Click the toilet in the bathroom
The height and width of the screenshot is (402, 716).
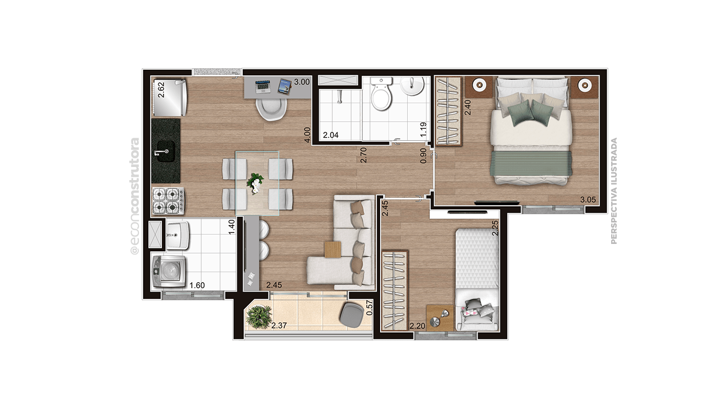pos(382,94)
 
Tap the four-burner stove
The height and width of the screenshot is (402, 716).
pos(168,200)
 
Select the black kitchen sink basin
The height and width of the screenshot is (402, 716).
pos(166,151)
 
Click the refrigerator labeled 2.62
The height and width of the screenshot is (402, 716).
pos(170,98)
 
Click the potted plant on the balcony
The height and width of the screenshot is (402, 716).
pos(258,317)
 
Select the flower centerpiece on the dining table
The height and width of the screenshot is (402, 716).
pos(255,183)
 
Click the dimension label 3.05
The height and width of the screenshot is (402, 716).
pos(588,200)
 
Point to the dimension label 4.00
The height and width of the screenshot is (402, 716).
pos(307,135)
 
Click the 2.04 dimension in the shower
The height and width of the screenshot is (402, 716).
pos(331,135)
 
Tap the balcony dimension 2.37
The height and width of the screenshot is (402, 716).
pos(279,326)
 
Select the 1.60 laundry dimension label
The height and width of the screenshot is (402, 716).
pos(197,285)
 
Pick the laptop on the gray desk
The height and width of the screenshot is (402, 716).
pos(263,87)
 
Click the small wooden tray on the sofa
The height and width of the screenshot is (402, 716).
pos(333,249)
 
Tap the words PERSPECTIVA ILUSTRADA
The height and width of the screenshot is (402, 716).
pos(614,191)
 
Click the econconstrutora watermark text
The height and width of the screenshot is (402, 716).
pos(135,196)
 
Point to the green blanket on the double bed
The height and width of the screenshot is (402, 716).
pos(531,163)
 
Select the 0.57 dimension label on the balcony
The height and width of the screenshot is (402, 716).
pos(370,308)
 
